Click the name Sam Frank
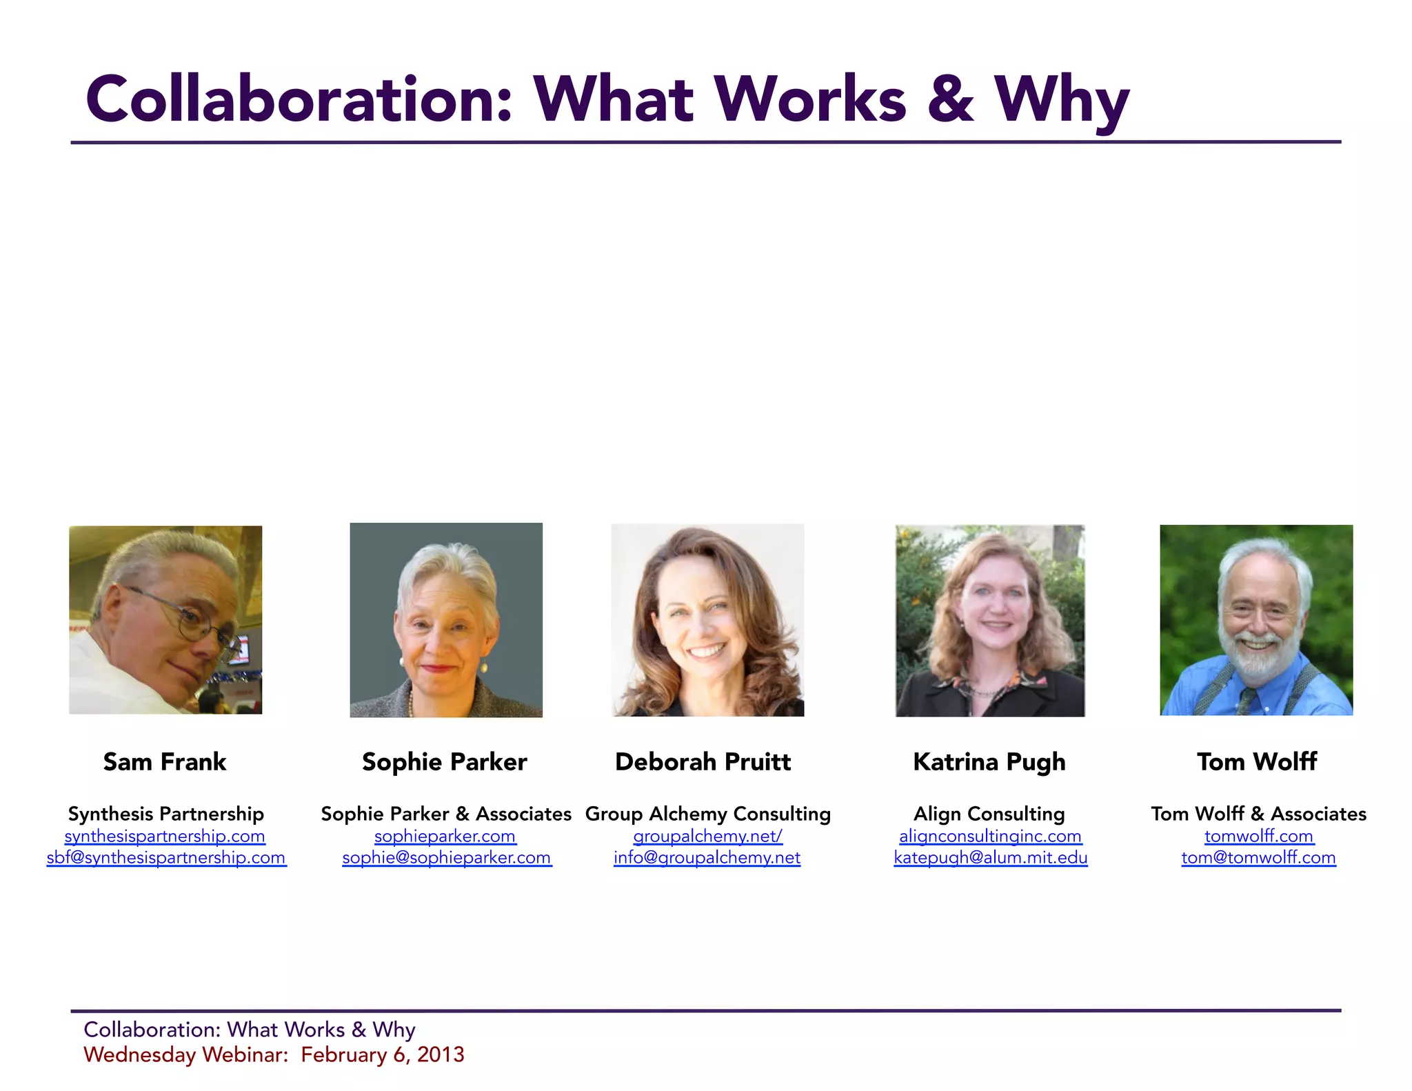[x=165, y=762]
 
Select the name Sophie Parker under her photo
[x=445, y=762]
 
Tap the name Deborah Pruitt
[x=703, y=762]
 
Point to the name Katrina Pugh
[x=989, y=762]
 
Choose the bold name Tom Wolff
[x=1257, y=762]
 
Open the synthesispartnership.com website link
[x=165, y=837]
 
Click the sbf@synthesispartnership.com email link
[x=166, y=858]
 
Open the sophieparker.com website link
[x=445, y=837]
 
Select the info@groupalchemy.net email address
[x=707, y=858]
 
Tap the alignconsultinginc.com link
[x=990, y=837]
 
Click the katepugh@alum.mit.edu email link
[x=991, y=858]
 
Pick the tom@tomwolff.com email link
[x=1258, y=858]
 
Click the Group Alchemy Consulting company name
[x=708, y=814]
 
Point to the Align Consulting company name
[x=989, y=814]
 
